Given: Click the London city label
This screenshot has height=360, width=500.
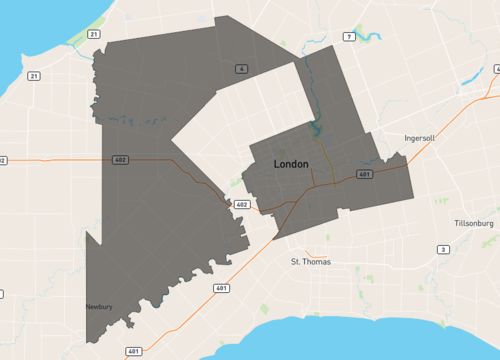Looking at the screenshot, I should (291, 163).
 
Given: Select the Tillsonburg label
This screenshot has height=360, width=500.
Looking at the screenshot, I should (473, 223).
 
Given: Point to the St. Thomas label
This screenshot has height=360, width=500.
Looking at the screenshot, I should (310, 262).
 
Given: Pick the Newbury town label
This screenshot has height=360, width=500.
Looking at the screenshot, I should (100, 307).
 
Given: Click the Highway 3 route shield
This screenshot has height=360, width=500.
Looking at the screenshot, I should (443, 249).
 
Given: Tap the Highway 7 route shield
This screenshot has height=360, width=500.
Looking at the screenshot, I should (349, 37).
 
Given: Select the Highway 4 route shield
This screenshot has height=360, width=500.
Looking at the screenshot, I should (242, 68).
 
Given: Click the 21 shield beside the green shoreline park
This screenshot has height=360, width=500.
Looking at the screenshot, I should (93, 34).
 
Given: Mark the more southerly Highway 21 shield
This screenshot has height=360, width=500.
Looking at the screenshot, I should (34, 76).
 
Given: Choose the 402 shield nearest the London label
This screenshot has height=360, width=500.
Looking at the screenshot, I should (241, 205).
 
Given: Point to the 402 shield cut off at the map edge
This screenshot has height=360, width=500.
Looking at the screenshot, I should (2, 160).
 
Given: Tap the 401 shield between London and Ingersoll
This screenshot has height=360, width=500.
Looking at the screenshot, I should (364, 174).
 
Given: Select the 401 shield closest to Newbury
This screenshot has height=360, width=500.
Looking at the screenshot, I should (134, 352).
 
